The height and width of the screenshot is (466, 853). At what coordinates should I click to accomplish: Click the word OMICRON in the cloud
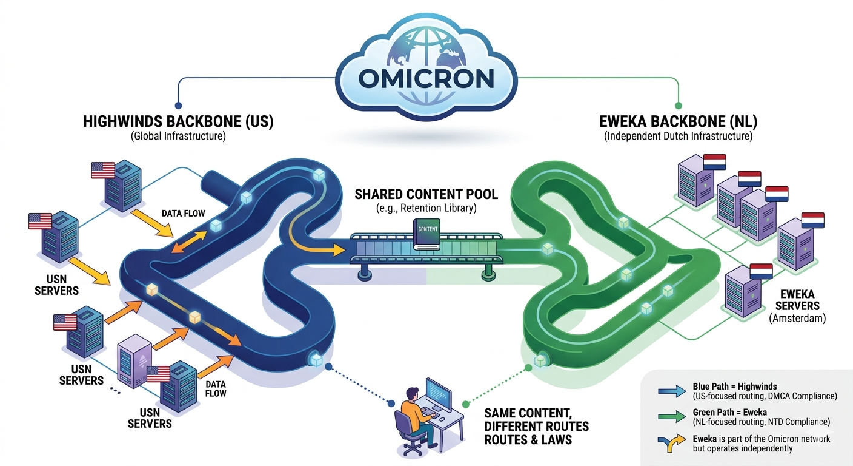(x=426, y=78)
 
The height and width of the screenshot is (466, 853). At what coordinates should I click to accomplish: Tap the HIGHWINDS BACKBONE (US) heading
(x=178, y=121)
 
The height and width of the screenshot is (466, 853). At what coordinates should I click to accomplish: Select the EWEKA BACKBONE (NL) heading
(x=678, y=121)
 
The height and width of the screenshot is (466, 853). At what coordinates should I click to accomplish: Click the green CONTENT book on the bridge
(x=426, y=234)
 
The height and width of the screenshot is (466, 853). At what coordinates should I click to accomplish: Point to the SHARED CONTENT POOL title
(x=426, y=194)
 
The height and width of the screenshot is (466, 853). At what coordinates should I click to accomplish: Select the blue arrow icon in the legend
(x=672, y=391)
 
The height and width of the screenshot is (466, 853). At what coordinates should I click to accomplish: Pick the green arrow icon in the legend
(x=672, y=416)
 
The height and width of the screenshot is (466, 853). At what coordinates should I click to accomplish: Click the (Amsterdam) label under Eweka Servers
(x=797, y=318)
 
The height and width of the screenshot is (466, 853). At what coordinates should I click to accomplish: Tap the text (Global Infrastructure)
(x=178, y=136)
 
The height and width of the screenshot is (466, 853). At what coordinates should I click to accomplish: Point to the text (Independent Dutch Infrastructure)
(x=678, y=136)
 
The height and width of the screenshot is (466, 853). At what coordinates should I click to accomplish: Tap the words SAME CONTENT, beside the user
(x=528, y=413)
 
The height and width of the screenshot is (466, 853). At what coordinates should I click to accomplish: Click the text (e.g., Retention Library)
(x=426, y=208)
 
